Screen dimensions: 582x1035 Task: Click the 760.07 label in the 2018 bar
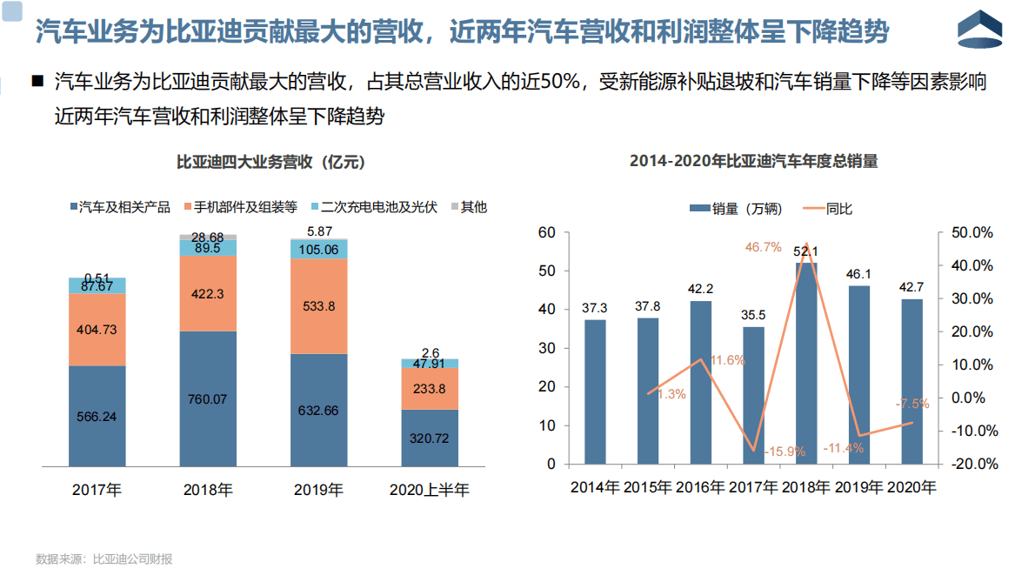coord(207,399)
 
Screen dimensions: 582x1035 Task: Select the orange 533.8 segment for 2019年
coord(318,305)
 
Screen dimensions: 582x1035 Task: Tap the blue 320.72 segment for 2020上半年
coord(430,438)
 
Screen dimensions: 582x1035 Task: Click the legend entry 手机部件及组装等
coord(244,207)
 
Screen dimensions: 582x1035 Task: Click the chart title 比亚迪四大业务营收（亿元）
coord(270,162)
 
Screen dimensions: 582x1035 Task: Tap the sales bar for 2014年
coord(595,391)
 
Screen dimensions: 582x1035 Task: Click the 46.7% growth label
coord(763,247)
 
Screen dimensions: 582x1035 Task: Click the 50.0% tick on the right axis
coord(972,232)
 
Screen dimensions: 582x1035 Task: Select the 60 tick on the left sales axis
coord(546,232)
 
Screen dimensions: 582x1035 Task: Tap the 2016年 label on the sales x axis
coord(700,487)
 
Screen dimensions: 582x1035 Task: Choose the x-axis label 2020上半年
coord(429,490)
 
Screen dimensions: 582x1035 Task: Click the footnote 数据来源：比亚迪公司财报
coord(104,559)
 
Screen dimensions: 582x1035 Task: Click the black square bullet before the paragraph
coord(37,83)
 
